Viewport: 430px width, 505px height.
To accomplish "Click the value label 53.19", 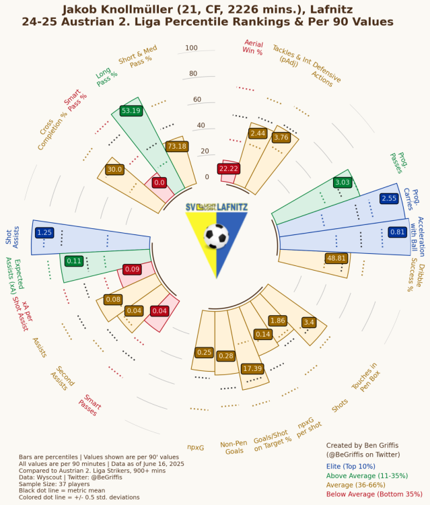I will pyautogui.click(x=131, y=110).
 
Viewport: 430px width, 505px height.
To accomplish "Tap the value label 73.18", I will pyautogui.click(x=177, y=146).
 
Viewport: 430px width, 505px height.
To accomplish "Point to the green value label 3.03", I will pyautogui.click(x=343, y=182).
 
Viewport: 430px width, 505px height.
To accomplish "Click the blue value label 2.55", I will pyautogui.click(x=389, y=199).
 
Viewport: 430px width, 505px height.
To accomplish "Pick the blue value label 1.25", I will pyautogui.click(x=44, y=232).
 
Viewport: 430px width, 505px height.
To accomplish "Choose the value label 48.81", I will pyautogui.click(x=336, y=258).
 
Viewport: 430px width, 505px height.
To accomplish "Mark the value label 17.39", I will pyautogui.click(x=252, y=368).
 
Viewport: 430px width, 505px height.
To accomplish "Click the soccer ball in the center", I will pyautogui.click(x=216, y=236).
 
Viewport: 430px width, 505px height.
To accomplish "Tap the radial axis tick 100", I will pyautogui.click(x=191, y=48).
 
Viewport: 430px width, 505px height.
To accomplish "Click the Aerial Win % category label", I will pyautogui.click(x=253, y=47).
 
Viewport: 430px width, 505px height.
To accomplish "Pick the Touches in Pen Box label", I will pyautogui.click(x=364, y=376).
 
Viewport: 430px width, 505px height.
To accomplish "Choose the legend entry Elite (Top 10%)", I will pyautogui.click(x=351, y=465).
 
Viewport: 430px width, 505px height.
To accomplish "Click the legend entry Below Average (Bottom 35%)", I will pyautogui.click(x=373, y=494).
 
